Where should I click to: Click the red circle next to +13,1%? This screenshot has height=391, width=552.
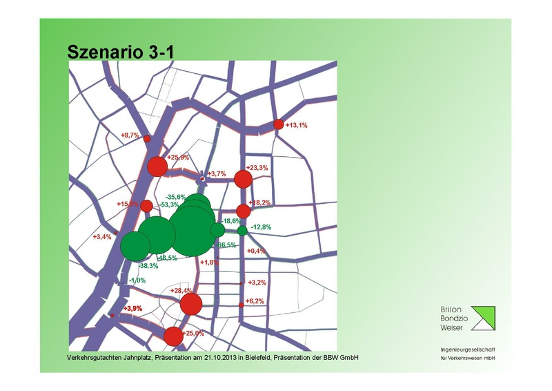coord(279,124)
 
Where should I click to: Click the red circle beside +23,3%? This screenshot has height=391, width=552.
coord(243,180)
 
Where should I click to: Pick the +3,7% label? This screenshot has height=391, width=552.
coord(217,173)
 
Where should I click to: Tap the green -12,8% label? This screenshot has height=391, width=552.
coord(262,227)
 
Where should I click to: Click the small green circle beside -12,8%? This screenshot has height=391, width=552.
coord(242,230)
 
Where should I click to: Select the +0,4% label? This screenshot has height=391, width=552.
coord(256,251)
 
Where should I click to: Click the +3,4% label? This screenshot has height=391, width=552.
coord(103,237)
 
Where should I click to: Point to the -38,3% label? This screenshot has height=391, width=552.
coord(149,265)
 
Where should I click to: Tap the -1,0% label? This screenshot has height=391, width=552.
coord(138,280)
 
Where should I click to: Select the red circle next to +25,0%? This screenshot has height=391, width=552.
coord(173,336)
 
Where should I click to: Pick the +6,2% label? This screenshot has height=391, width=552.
coord(255,301)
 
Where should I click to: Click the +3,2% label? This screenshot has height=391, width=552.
coord(257,283)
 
